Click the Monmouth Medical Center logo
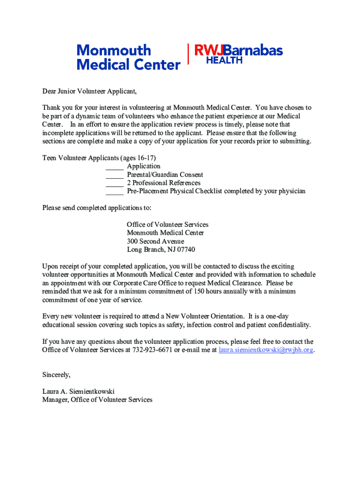coord(128,57)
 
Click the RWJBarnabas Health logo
coord(238,54)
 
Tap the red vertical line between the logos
coord(188,54)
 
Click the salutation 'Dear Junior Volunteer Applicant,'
coord(89,91)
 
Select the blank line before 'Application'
coord(115,167)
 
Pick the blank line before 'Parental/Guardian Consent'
coord(115,175)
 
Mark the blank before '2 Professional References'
coord(115,183)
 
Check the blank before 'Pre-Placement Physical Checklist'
coord(115,192)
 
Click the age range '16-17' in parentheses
coord(146,158)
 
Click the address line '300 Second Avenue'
coord(155,241)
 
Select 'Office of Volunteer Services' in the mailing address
coord(167,225)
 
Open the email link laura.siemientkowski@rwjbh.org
coord(266,349)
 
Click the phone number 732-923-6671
coord(152,349)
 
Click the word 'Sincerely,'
coord(56,375)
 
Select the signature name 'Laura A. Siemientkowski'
coord(78,392)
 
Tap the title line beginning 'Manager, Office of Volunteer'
coord(97,400)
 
